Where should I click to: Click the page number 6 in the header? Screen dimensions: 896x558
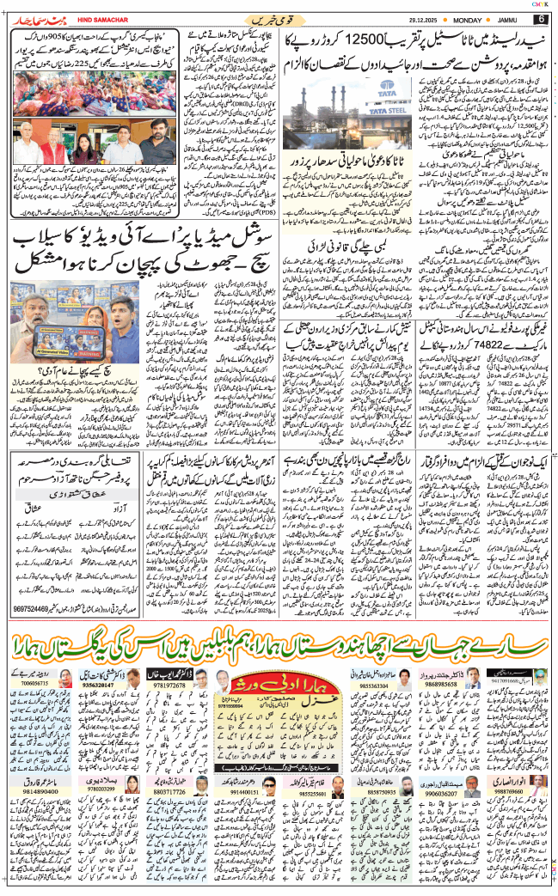pyautogui.click(x=541, y=18)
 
